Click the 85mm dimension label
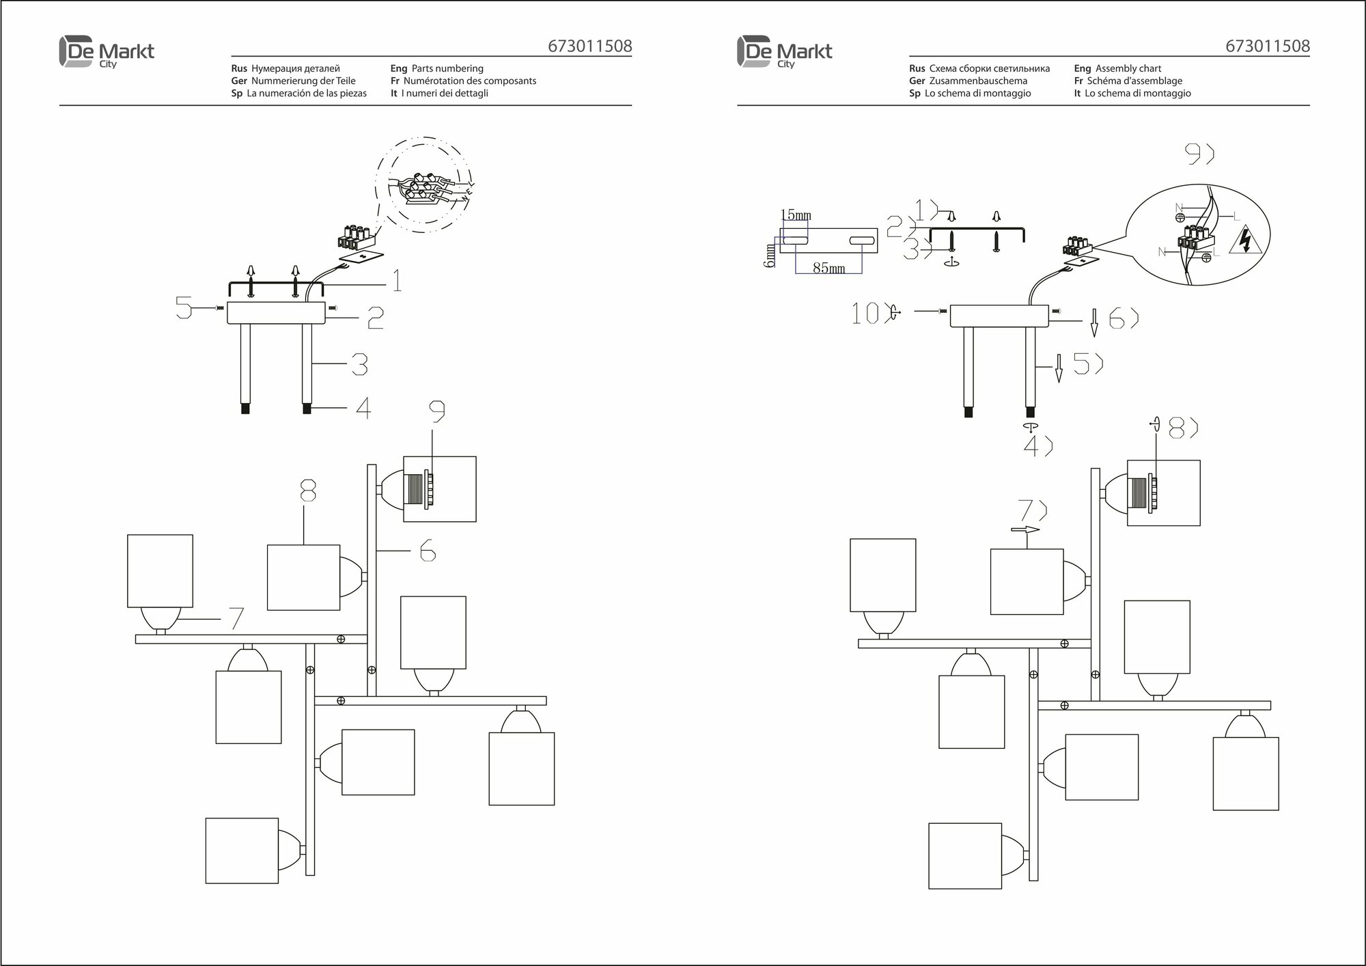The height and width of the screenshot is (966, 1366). point(828,268)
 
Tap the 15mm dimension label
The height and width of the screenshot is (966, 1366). point(796,215)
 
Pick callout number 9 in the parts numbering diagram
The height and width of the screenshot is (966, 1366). point(437,411)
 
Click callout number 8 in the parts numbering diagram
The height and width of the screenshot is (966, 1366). point(308,490)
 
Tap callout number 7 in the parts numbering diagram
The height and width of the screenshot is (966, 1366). point(235,618)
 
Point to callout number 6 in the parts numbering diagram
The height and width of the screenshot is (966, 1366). point(428,550)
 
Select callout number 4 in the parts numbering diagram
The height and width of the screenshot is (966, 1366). point(363,409)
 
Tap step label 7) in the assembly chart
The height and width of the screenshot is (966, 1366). point(1032,510)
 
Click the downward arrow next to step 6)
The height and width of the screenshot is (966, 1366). point(1093,322)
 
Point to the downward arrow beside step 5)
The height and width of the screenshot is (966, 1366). point(1059,369)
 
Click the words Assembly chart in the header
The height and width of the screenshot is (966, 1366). point(1128,68)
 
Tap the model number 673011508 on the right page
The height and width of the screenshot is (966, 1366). point(1268,46)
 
